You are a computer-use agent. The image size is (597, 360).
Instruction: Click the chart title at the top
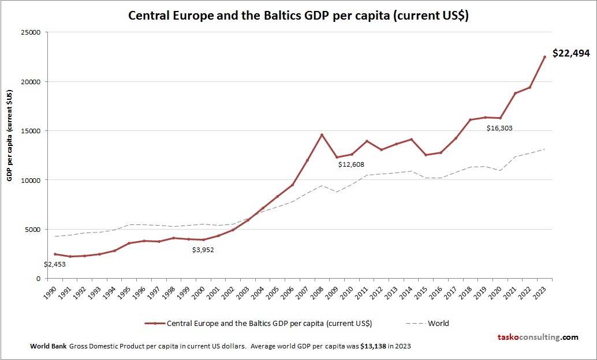coord(298,16)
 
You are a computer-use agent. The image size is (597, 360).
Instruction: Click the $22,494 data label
coord(570,53)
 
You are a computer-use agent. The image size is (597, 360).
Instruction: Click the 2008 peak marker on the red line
coord(322,135)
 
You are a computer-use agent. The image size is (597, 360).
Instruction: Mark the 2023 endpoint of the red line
coord(544,57)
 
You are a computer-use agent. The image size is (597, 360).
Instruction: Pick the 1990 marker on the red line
coord(55,254)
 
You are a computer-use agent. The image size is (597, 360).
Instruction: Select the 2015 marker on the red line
coord(426,155)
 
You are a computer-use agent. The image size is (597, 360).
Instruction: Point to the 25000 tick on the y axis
coord(29,32)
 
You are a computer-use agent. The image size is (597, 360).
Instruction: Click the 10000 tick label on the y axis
coord(29,180)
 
